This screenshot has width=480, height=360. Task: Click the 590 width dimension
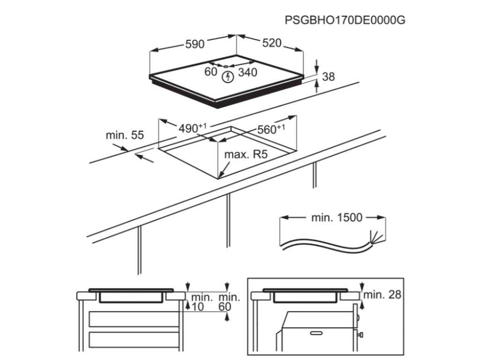tap(194, 44)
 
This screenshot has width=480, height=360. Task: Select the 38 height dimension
tap(329, 76)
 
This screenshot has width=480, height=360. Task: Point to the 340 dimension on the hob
tap(248, 73)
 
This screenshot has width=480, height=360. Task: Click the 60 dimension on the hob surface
tap(211, 72)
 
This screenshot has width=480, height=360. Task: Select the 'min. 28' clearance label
tap(382, 294)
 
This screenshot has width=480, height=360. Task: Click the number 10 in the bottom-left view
tap(198, 306)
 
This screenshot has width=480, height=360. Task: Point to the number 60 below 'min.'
tap(225, 306)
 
